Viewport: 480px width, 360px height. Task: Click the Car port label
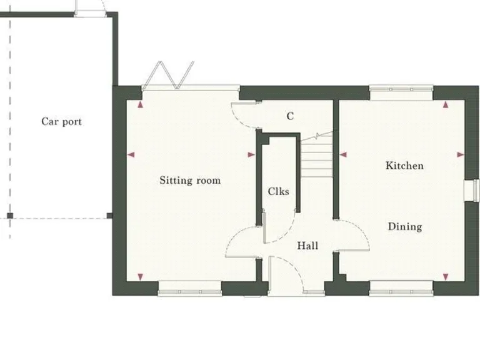coord(61,121)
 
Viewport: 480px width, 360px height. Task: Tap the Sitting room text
coord(190,181)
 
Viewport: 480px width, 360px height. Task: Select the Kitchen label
coord(404,166)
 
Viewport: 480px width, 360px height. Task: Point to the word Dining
coord(404,226)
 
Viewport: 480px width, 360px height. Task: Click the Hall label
coord(307,246)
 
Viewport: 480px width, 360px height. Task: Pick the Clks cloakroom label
coord(278,191)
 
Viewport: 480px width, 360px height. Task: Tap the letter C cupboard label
coord(290,116)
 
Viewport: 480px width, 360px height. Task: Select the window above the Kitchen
coord(401,91)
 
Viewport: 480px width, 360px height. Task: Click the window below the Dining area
coord(401,289)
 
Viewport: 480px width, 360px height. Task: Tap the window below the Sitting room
coord(190,289)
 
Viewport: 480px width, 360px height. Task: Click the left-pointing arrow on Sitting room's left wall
coord(131,154)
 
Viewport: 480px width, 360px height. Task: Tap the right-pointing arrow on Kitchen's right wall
coord(461,154)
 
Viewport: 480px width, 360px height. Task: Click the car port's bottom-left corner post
coord(10,216)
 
